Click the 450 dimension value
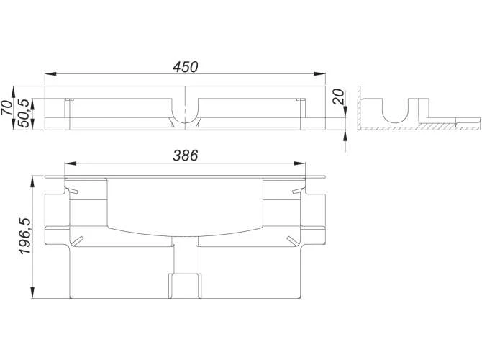point(185,66)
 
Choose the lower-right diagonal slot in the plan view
point(291,239)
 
